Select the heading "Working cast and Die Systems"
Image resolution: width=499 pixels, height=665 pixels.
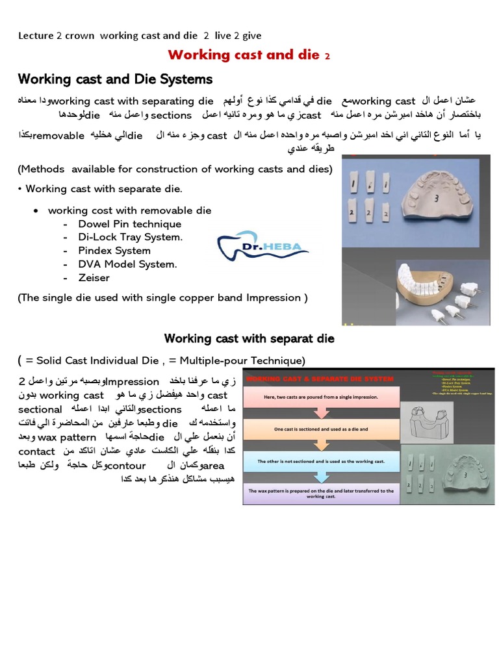tap(115, 79)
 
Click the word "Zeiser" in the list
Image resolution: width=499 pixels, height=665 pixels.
tap(94, 278)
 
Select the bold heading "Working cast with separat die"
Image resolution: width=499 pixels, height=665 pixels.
tap(249, 338)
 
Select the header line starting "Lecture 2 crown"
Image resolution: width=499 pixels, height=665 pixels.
tap(140, 36)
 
